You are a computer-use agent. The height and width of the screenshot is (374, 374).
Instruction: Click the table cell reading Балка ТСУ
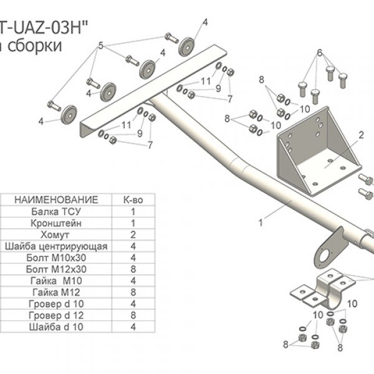(56, 211)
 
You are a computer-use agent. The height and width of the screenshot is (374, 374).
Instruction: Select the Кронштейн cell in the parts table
(56, 223)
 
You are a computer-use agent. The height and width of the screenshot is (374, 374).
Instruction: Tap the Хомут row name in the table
(55, 235)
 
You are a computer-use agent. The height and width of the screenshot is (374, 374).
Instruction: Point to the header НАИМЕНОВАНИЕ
(56, 199)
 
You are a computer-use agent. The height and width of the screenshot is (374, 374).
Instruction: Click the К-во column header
(133, 200)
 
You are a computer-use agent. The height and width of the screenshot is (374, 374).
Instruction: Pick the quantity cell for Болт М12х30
(133, 269)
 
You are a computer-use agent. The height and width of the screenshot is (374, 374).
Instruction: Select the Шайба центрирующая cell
(56, 246)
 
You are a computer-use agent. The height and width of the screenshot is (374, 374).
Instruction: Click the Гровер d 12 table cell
(56, 315)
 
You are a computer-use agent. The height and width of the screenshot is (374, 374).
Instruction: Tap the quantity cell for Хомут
(133, 235)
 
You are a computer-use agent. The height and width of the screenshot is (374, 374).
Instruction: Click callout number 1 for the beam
(261, 223)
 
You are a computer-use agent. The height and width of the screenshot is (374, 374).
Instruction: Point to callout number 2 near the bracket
(362, 135)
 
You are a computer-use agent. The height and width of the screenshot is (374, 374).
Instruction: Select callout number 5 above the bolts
(100, 46)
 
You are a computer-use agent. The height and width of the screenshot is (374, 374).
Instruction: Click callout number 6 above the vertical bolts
(320, 52)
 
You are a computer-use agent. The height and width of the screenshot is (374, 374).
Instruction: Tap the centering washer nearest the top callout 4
(186, 47)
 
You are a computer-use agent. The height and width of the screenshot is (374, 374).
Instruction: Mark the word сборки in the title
(34, 46)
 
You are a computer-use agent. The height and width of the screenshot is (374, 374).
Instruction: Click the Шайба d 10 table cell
(56, 327)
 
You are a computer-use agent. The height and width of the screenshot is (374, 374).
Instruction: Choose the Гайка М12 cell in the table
(56, 292)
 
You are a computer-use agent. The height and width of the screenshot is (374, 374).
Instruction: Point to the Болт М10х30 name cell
(56, 258)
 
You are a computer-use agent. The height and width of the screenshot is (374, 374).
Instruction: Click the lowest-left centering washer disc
(69, 115)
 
